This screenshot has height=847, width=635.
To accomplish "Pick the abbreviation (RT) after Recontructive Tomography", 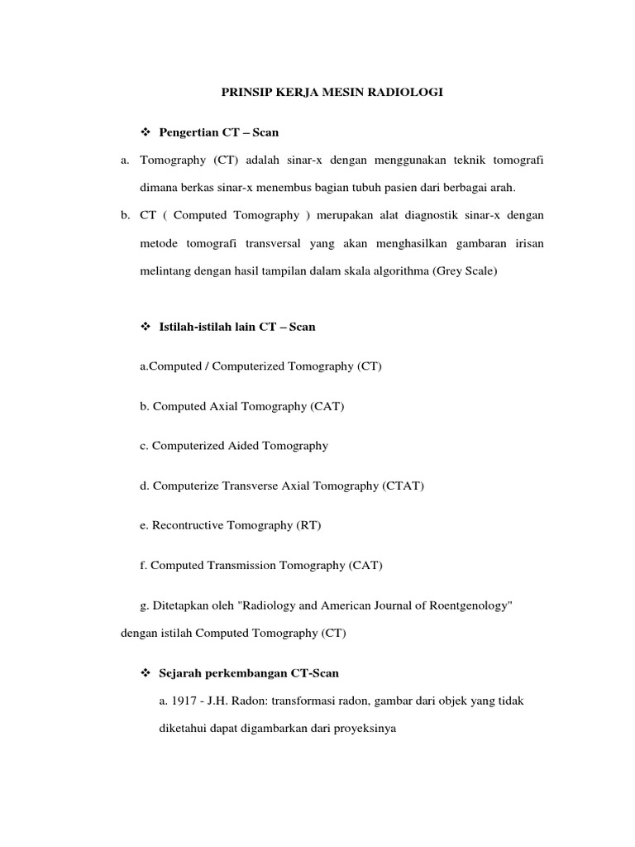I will [x=308, y=525].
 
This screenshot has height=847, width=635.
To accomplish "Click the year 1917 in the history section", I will [x=184, y=701].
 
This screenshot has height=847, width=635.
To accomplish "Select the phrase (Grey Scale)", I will [x=464, y=270].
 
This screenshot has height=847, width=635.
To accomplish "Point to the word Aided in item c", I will [x=243, y=446].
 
